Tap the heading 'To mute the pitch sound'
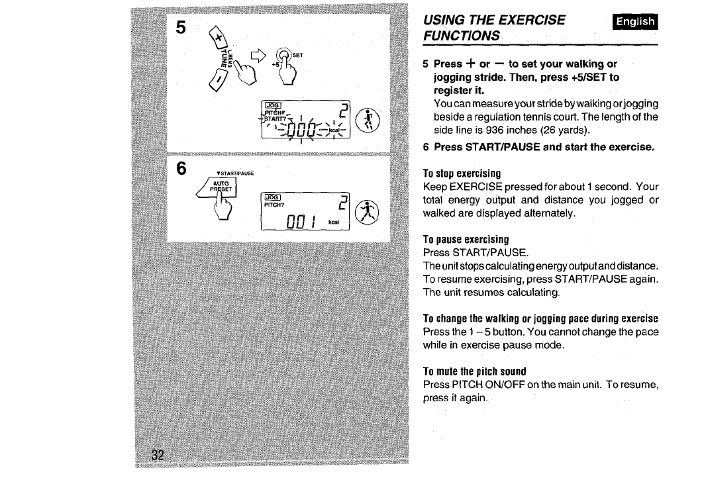(475, 370)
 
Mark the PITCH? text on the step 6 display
(275, 205)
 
